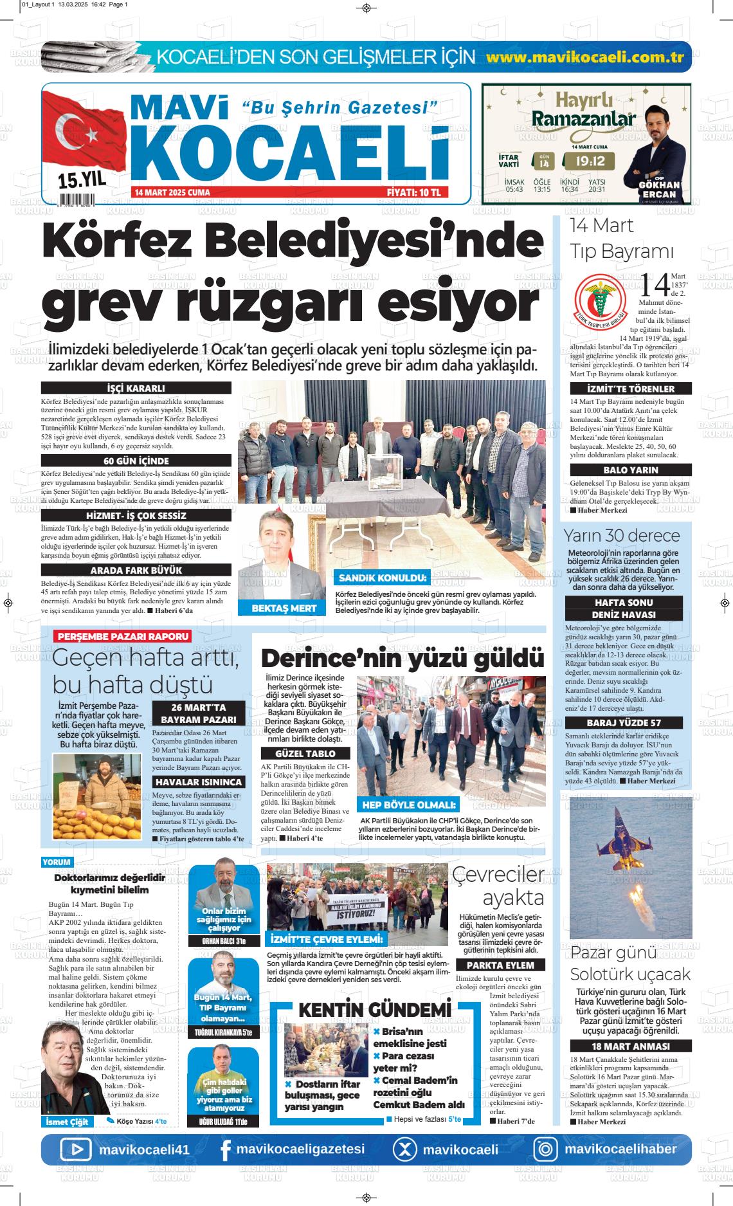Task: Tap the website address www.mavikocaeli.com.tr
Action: pos(584,57)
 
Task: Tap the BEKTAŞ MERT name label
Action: pos(284,608)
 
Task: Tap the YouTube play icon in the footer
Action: pos(77,1149)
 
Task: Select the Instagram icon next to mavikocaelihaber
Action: pos(546,1150)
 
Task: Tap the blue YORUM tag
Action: pos(57,862)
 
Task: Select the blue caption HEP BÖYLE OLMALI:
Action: pos(409,805)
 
